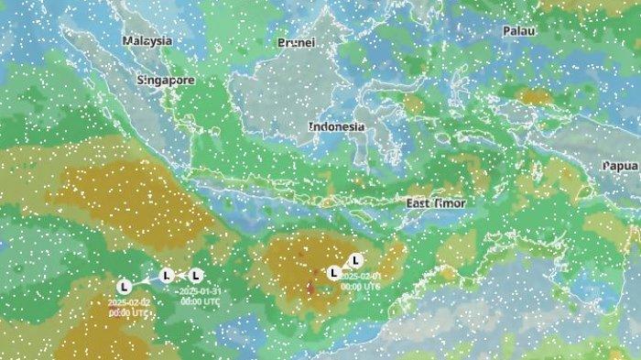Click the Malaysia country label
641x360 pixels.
[x=148, y=41]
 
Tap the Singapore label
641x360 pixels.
[x=166, y=80]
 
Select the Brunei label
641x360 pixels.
[x=296, y=43]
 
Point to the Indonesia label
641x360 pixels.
[x=336, y=126]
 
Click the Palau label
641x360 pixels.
[x=518, y=30]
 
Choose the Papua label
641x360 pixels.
[x=621, y=166]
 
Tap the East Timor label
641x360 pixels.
[x=436, y=202]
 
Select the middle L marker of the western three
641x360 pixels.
[x=166, y=275]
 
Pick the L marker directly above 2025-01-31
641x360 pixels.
[x=196, y=275]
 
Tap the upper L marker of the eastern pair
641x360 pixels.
[x=356, y=260]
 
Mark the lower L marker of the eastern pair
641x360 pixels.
[x=334, y=272]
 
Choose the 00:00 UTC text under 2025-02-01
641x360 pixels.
[x=360, y=286]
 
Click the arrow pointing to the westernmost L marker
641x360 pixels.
[x=143, y=281]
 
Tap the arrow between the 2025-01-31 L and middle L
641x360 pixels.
[x=181, y=275]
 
